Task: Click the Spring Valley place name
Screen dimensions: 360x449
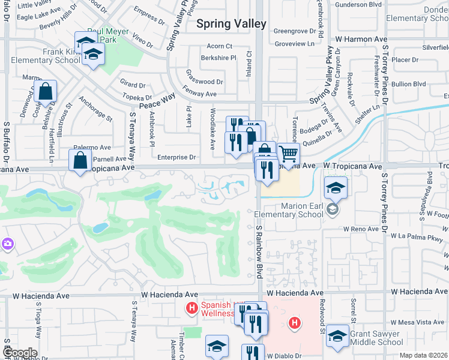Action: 232,24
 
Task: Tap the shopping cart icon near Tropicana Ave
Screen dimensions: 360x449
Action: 289,155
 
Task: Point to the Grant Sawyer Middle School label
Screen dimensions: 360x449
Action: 376,338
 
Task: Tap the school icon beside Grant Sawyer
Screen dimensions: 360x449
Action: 338,338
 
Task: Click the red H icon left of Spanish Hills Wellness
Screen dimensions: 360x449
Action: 192,309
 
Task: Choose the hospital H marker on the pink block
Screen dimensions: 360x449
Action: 295,323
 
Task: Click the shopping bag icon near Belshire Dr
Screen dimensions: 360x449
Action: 46,92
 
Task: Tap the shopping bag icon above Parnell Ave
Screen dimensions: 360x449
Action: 80,161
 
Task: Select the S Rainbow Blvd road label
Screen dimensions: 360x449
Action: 259,252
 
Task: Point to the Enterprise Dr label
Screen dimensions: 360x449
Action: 177,157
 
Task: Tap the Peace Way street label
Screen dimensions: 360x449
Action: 157,100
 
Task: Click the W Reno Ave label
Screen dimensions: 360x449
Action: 361,229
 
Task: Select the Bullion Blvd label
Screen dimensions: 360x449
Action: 408,84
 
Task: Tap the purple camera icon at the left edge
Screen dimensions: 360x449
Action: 8,244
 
